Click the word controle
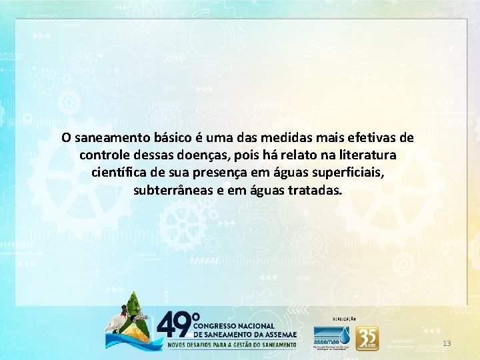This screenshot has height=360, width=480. coord(103,155)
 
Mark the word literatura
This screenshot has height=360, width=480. coord(367,155)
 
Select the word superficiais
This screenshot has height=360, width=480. coord(347,173)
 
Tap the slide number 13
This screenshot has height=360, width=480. coord(447,343)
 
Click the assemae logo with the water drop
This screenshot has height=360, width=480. coord(332,337)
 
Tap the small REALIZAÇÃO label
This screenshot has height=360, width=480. coord(344,319)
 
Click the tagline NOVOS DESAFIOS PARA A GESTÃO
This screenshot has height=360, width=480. coord(230,345)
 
